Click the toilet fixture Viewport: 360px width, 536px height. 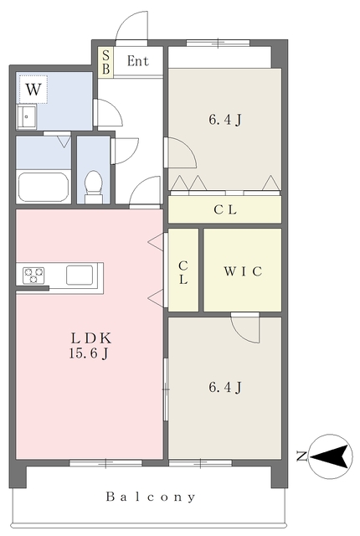click(93, 187)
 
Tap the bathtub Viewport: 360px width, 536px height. click(44, 188)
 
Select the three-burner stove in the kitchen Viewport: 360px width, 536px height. click(33, 276)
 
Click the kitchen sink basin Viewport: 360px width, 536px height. click(80, 276)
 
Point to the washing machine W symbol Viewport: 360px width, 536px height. click(33, 90)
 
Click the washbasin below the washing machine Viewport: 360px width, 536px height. click(27, 117)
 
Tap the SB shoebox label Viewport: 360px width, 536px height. click(105, 62)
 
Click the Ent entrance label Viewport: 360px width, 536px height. click(138, 61)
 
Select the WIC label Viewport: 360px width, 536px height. click(243, 271)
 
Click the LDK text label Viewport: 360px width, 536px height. click(91, 338)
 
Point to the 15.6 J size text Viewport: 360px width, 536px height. click(89, 353)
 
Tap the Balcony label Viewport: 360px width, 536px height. click(151, 497)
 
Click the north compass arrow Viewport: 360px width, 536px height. click(331, 456)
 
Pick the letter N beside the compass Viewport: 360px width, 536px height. click(301, 456)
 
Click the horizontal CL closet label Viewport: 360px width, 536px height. click(225, 209)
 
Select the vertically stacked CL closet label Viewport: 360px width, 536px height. click(183, 272)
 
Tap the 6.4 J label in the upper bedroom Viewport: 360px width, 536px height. click(225, 120)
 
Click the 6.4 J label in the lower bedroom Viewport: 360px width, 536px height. click(225, 388)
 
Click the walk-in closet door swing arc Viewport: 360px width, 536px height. click(241, 334)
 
